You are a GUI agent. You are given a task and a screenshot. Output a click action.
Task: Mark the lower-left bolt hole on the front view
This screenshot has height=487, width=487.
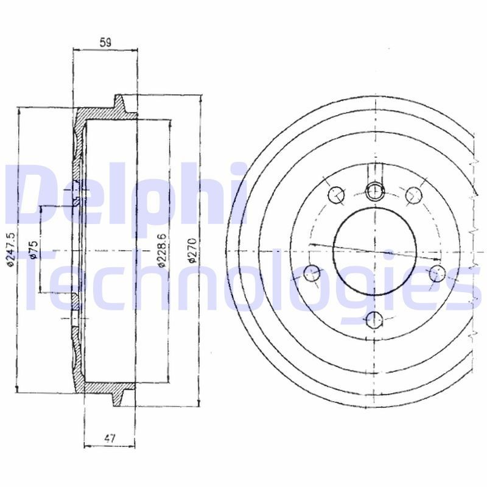coord(312,272)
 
